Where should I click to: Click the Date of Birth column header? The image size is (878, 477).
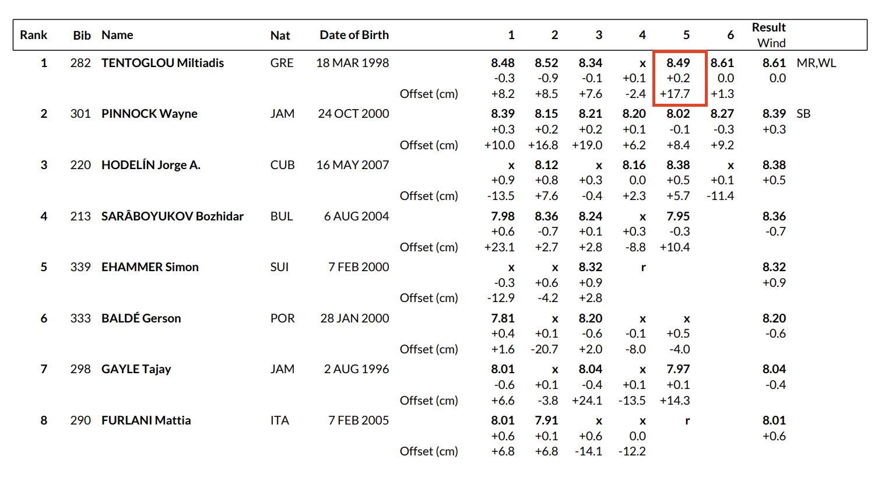[x=354, y=35]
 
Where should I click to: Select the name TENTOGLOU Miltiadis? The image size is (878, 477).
[x=163, y=63]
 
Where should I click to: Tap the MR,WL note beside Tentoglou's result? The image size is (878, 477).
[x=816, y=63]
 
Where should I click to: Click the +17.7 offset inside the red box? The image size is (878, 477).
[x=675, y=94]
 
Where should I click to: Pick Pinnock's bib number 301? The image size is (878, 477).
[x=80, y=114]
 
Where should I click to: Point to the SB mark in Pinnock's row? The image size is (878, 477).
[x=803, y=114]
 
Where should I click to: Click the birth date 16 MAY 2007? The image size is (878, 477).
[x=353, y=165]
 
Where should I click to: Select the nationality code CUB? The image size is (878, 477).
[x=282, y=165]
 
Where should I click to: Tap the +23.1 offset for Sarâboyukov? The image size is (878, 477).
[x=499, y=247]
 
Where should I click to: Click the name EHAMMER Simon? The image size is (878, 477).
[x=150, y=267]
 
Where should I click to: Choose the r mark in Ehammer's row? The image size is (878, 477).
[x=643, y=267]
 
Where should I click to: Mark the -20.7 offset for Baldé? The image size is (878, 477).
[x=544, y=349]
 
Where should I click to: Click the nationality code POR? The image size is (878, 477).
[x=282, y=318]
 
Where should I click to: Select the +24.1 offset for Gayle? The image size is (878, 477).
[x=586, y=401]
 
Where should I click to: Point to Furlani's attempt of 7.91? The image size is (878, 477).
[x=546, y=420]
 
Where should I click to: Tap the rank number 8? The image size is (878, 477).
[x=44, y=420]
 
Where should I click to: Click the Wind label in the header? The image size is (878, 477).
[x=771, y=43]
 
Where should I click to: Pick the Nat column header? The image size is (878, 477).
[x=280, y=35]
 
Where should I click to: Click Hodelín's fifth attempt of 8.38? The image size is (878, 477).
[x=678, y=165]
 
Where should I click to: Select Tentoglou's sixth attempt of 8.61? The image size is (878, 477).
[x=722, y=63]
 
